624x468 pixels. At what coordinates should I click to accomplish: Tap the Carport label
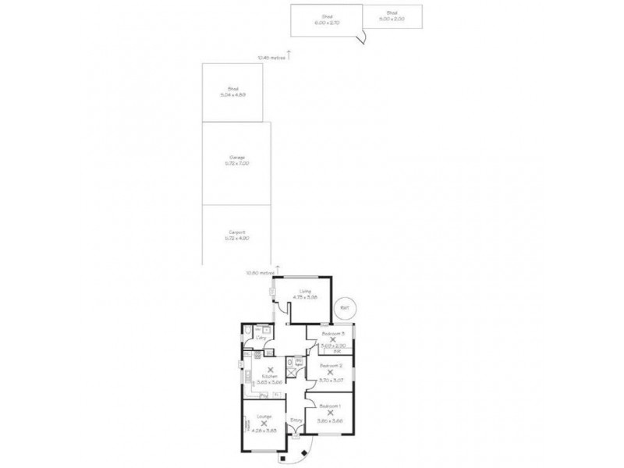click(238, 232)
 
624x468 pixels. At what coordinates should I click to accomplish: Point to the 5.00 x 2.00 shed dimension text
click(392, 19)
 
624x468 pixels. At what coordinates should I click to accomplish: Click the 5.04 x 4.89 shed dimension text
click(232, 96)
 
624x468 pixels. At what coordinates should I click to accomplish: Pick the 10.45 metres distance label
click(271, 57)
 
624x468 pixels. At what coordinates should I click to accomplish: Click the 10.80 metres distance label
click(260, 273)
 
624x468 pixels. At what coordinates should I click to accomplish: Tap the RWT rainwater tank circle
click(346, 308)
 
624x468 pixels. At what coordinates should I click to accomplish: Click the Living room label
click(305, 291)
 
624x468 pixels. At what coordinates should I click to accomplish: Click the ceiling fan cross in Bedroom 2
click(331, 372)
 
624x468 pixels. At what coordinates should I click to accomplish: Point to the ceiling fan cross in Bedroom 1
click(329, 414)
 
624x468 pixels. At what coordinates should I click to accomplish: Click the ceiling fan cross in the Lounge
click(264, 423)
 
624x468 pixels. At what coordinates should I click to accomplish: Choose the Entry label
click(296, 420)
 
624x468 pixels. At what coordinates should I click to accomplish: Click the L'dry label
click(260, 339)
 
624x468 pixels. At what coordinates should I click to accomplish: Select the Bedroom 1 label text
click(330, 407)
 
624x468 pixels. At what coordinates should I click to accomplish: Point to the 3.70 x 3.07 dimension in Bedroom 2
click(331, 379)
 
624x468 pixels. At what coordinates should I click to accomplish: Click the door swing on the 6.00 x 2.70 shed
click(363, 37)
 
